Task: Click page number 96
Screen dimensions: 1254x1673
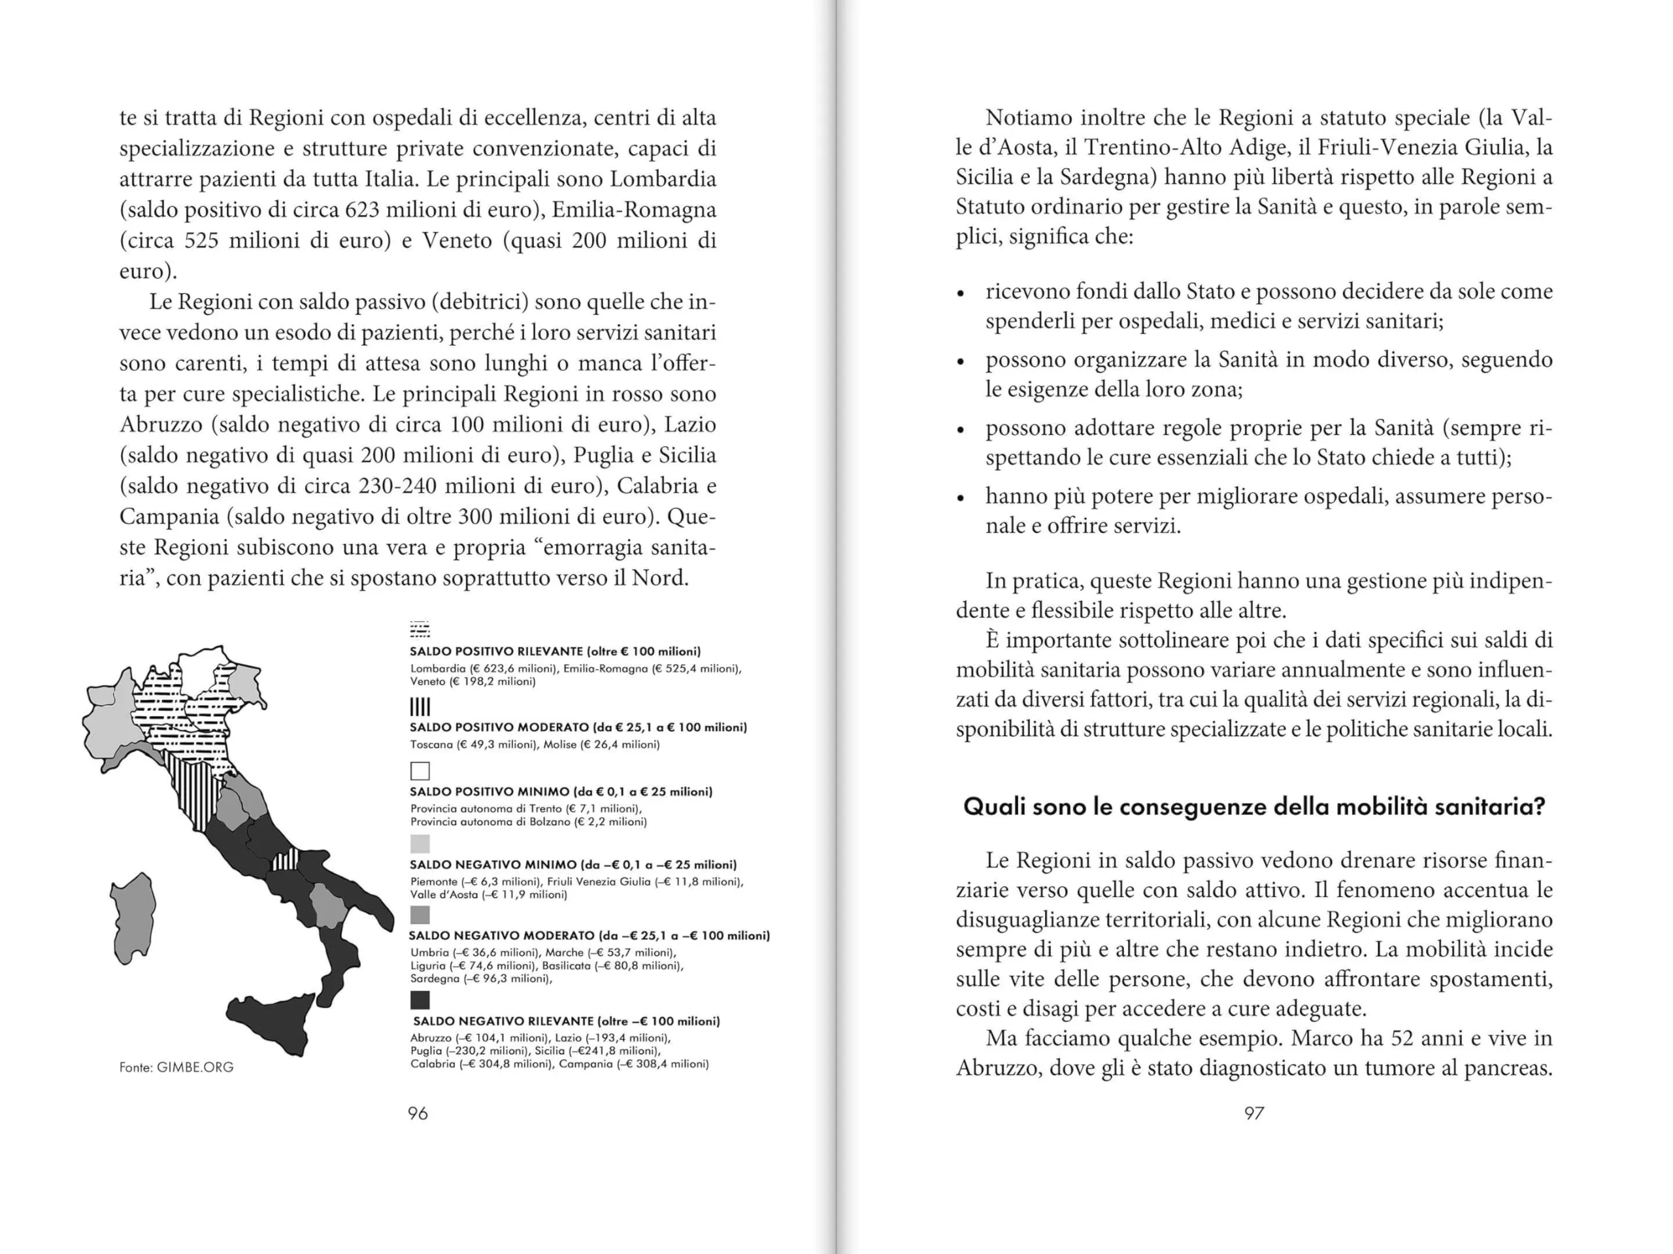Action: [x=418, y=1114]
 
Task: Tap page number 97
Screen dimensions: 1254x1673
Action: [x=1254, y=1114]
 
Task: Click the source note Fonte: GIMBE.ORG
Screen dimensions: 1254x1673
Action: [x=176, y=1067]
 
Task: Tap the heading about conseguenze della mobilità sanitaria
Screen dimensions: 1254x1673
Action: [x=1254, y=807]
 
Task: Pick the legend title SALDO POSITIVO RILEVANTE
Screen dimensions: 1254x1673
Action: [x=496, y=652]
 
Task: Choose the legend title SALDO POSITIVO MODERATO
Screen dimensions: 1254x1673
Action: [x=499, y=727]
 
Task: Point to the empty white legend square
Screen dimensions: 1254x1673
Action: [x=420, y=770]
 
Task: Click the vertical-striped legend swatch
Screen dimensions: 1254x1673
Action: [x=420, y=707]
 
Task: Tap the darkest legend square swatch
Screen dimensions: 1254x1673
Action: [x=420, y=1000]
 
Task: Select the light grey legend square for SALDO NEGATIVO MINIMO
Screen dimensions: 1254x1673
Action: [x=420, y=844]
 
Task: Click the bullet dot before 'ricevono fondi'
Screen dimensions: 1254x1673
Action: [x=961, y=293]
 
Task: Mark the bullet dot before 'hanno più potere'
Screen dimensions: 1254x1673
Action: [x=961, y=499]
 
